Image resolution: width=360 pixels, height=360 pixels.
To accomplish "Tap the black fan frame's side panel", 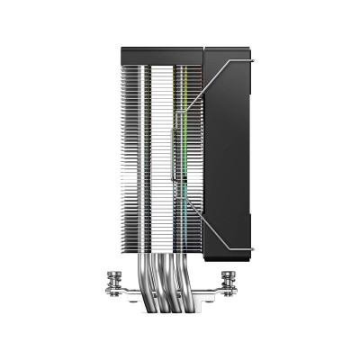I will point(230,162).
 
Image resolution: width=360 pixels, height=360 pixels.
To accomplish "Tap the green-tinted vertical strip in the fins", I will point(184,162).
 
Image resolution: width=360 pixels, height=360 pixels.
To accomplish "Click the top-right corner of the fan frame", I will point(251,54).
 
